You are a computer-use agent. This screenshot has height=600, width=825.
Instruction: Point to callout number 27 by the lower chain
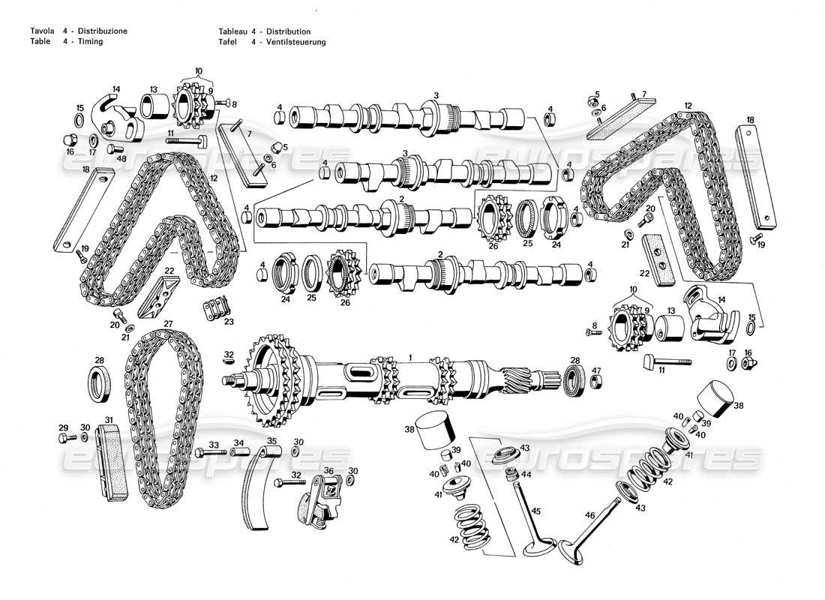pos(168,324)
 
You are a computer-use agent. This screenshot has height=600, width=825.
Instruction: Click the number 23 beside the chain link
pos(229,321)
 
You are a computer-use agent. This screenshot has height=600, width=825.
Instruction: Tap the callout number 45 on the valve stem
pos(535,511)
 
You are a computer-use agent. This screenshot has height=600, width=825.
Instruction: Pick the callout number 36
pos(328,470)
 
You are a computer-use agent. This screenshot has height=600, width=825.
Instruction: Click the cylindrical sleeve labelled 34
pos(239,454)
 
